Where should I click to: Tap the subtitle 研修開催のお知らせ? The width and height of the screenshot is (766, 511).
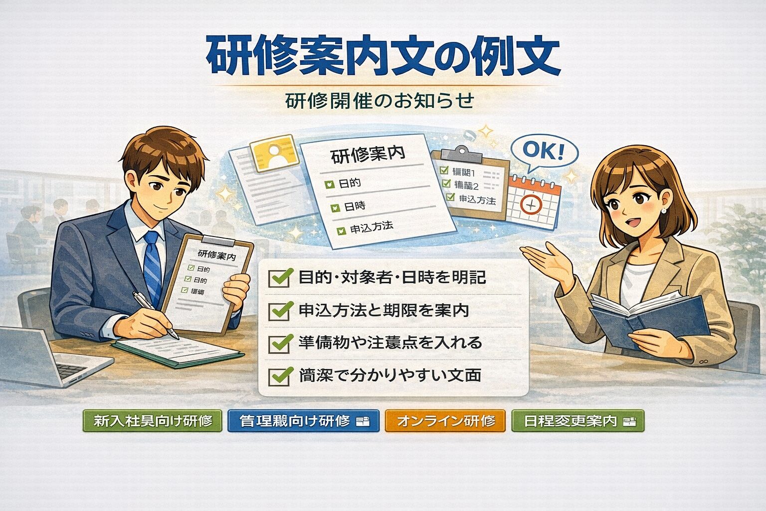coord(379,101)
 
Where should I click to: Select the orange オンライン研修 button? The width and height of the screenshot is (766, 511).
coord(445,421)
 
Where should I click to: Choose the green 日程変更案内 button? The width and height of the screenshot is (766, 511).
coord(577,421)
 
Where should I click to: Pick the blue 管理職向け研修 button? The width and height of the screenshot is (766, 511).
coord(303,421)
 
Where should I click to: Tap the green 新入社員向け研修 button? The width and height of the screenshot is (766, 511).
coord(152,421)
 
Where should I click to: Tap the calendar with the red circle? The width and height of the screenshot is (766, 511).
coord(533,202)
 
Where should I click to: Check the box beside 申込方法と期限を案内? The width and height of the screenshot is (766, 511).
coord(279,310)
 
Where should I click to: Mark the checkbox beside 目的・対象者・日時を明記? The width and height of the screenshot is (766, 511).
coord(279,277)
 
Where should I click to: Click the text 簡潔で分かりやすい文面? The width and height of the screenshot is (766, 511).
coord(390,375)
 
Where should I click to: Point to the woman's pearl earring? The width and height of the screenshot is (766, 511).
coord(663,211)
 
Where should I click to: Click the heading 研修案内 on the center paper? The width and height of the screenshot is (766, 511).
coord(368,155)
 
